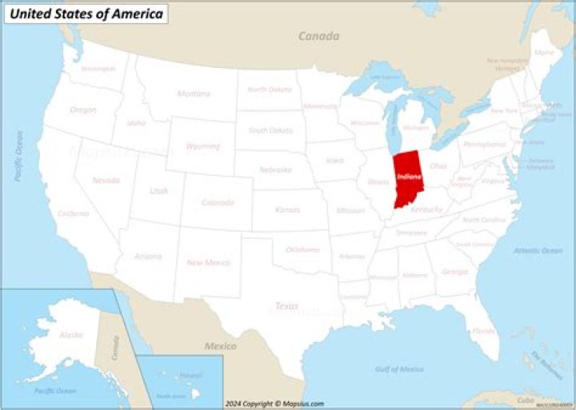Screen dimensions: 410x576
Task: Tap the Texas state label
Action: (286, 306)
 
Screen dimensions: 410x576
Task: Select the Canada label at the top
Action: (318, 36)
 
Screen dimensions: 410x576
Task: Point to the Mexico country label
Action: (220, 346)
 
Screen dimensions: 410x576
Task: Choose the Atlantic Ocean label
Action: (538, 250)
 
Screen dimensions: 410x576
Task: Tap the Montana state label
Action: (194, 94)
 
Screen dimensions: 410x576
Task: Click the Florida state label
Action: (483, 331)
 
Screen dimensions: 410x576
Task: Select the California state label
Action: (73, 213)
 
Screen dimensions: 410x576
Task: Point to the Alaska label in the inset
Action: (70, 335)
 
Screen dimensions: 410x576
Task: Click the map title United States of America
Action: (86, 14)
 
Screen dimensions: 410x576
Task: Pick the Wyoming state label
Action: (202, 146)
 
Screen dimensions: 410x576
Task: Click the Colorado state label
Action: (218, 202)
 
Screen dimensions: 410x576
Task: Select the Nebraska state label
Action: (274, 169)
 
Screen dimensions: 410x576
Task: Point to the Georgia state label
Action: (454, 272)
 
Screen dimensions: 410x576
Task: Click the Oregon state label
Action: (83, 109)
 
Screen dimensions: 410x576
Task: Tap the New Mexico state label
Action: (208, 262)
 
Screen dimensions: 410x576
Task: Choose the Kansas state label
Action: (287, 209)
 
